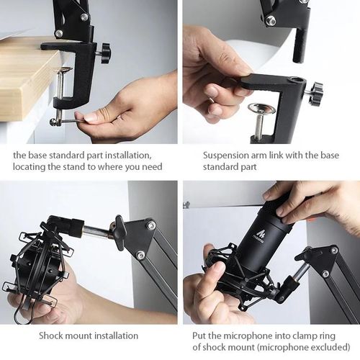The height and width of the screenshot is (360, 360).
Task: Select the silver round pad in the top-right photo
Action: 260,109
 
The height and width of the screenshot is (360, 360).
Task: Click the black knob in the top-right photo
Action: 315,93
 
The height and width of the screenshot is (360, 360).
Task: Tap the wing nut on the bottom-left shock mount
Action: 119,232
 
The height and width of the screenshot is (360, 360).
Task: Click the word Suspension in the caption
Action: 230,155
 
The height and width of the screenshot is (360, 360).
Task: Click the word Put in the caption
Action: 200,335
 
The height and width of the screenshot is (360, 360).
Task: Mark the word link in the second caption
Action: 290,155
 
